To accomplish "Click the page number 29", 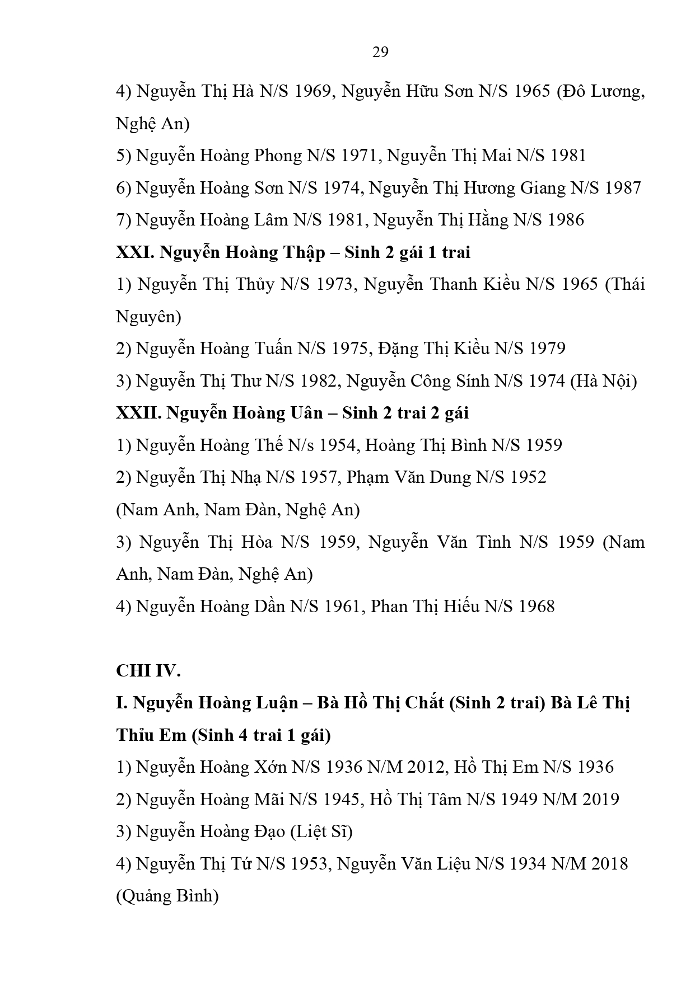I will click(380, 52).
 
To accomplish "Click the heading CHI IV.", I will click(148, 670).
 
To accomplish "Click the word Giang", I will click(543, 188).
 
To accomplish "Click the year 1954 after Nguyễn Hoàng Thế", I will click(338, 445).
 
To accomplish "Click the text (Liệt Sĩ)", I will click(321, 831).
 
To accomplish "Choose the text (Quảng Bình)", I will click(167, 896).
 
